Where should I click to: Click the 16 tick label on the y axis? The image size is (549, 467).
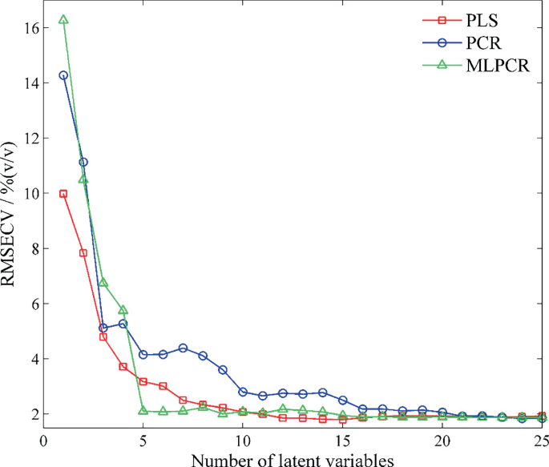30,28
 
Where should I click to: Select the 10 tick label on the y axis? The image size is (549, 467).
30,193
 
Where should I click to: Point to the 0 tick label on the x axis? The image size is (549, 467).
43,440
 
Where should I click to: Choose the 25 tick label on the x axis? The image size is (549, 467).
542,440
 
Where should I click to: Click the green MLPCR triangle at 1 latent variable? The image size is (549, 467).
63,20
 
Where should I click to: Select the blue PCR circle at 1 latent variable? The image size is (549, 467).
63,75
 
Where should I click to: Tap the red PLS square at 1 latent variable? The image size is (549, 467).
63,194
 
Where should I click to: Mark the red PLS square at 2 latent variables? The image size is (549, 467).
83,253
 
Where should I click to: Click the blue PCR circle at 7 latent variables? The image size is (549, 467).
183,348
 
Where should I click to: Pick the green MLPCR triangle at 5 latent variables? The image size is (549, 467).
143,411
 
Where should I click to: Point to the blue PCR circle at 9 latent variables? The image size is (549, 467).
223,370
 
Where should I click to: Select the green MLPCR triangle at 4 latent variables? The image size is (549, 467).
123,310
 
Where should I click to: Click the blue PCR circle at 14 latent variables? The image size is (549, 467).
322,393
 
